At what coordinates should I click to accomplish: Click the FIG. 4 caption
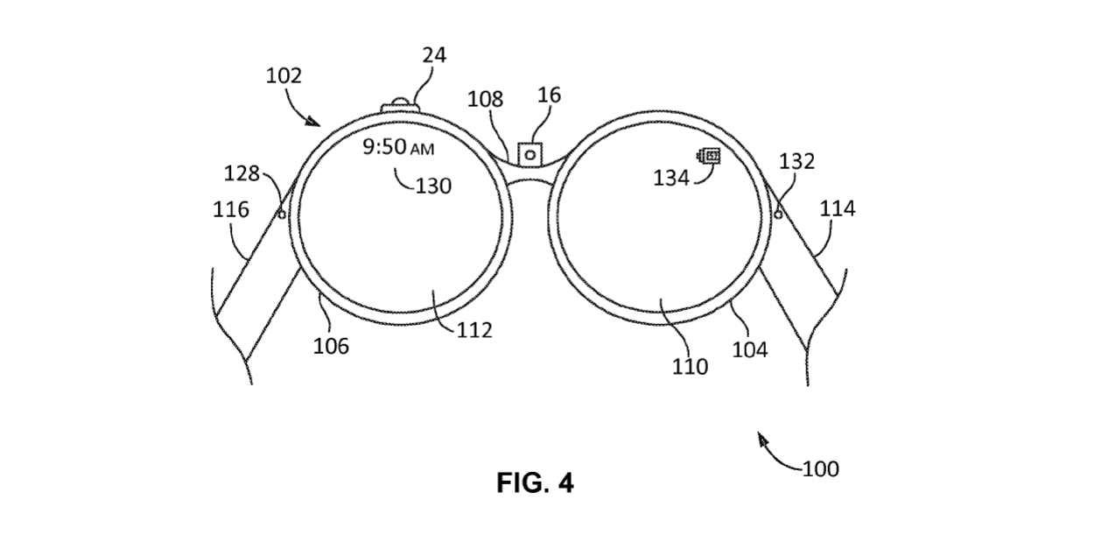[x=535, y=482]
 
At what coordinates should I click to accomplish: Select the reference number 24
[x=433, y=55]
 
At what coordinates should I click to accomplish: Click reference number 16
[x=550, y=95]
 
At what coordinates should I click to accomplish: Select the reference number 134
[x=670, y=178]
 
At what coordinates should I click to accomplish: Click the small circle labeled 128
[x=282, y=213]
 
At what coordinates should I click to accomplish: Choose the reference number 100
[x=819, y=468]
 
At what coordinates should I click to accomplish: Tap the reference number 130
[x=433, y=186]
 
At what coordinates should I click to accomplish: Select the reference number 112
[x=473, y=330]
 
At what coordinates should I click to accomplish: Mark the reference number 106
[x=331, y=346]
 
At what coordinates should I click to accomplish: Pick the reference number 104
[x=749, y=349]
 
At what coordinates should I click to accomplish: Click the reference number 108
[x=485, y=100]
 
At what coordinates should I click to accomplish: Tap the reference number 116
[x=230, y=210]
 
